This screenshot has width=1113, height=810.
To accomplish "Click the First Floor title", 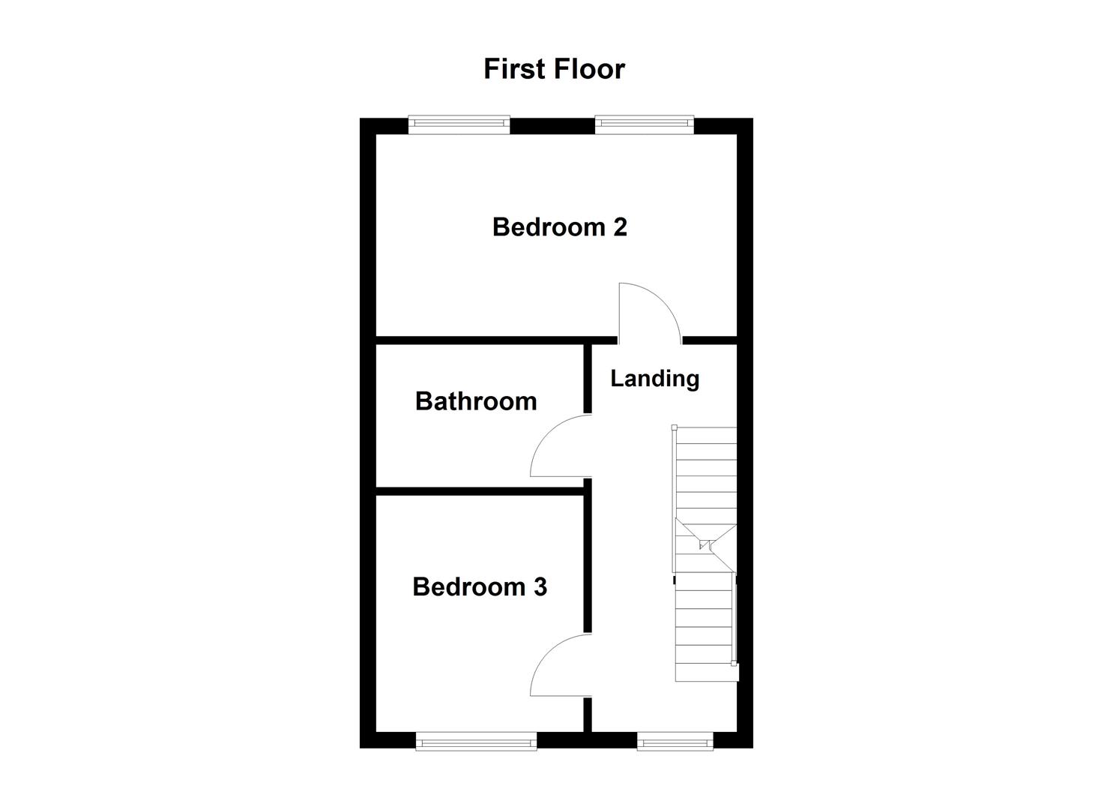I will click(554, 69).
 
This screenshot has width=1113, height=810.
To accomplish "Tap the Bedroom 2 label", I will click(559, 226).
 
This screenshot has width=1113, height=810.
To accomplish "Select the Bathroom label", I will click(476, 401).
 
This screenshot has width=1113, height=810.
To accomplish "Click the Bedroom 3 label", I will click(480, 586).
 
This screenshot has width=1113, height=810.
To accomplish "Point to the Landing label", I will click(654, 379).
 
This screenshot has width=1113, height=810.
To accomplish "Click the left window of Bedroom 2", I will click(459, 124).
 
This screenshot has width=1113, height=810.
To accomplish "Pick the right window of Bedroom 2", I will click(645, 124).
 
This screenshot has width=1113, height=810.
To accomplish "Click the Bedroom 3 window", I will click(476, 742).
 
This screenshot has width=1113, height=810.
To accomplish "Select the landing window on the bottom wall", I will click(675, 742).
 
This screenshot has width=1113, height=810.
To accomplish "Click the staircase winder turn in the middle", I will click(705, 545).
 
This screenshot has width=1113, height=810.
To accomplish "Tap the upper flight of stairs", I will click(705, 472).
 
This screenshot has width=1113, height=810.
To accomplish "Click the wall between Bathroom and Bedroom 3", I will click(480, 491).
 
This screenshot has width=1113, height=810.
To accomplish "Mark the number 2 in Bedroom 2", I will click(619, 226).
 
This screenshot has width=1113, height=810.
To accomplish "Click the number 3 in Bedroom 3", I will click(540, 586).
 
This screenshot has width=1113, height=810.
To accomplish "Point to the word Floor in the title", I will click(591, 69).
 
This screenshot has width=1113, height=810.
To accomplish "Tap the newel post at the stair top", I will click(674, 427).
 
